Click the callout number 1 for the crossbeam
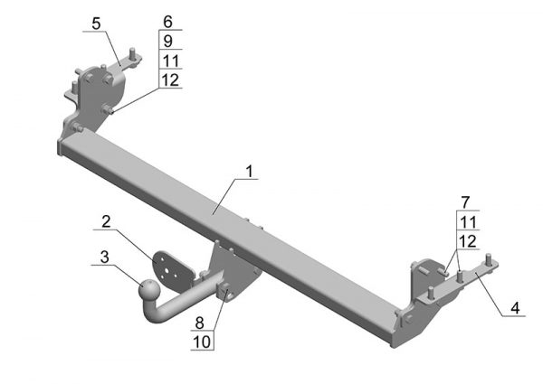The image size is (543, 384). [x=250, y=171]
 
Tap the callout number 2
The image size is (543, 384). [x=106, y=221]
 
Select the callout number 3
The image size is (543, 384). [x=104, y=258]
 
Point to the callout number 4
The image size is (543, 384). [x=515, y=308]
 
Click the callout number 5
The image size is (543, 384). [x=96, y=23]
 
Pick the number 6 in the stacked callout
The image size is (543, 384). [x=168, y=22]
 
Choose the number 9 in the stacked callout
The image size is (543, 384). [x=168, y=42]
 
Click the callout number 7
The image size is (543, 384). [x=465, y=202]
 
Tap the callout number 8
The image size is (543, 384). [x=199, y=323]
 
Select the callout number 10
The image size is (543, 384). [x=202, y=342]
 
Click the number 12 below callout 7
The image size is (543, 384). [x=468, y=241]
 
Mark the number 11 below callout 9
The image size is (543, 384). [x=171, y=61]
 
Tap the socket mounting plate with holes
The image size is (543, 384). [x=172, y=271]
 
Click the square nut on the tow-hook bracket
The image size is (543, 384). [x=224, y=290]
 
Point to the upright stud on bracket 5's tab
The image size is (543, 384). [x=132, y=54]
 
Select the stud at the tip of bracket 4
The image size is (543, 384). [x=489, y=259]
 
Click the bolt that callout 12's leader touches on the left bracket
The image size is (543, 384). [x=108, y=110]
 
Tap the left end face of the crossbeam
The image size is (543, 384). [x=60, y=147]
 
